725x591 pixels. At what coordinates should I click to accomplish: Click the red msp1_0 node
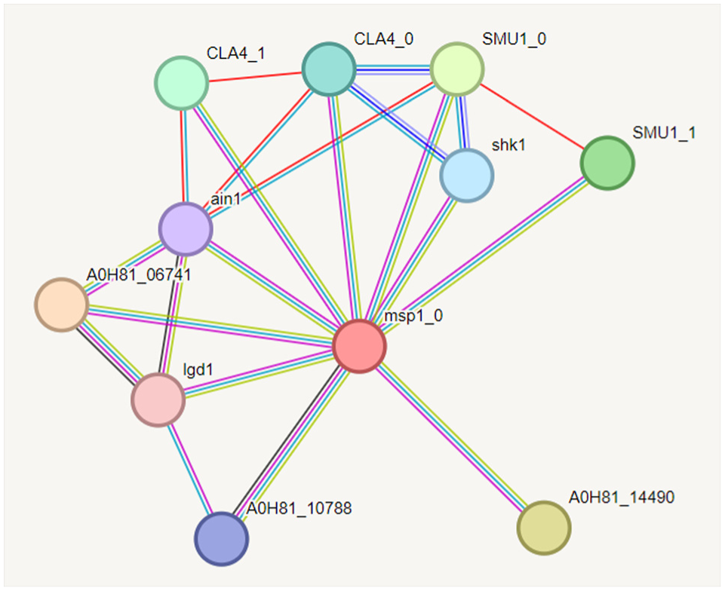(x=359, y=346)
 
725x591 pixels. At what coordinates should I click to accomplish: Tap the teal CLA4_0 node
(x=329, y=69)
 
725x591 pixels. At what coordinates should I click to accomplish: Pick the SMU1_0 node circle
(x=457, y=69)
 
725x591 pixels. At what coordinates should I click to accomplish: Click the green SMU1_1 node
(x=607, y=163)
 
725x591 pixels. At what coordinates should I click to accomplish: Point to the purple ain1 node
(x=185, y=228)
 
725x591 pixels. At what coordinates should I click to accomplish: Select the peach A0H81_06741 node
(x=61, y=305)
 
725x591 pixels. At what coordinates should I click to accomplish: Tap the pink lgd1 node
(x=158, y=399)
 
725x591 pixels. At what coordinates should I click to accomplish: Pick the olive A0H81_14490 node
(x=544, y=528)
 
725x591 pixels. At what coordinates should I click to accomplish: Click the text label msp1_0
(x=413, y=316)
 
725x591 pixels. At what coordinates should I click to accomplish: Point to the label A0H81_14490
(x=621, y=497)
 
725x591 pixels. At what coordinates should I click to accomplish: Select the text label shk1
(x=508, y=145)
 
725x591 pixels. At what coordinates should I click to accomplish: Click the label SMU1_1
(x=664, y=133)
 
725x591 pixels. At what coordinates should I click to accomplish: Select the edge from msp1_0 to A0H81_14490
(x=453, y=438)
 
